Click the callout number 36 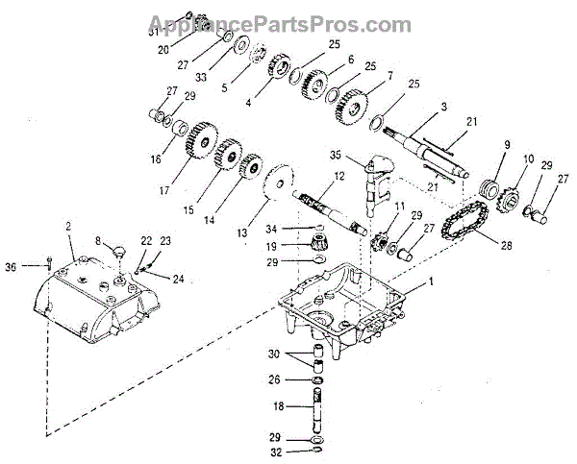(11, 266)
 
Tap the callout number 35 (336, 154)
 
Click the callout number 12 (339, 176)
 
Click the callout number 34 (272, 228)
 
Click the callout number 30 (275, 354)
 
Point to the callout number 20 (163, 48)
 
